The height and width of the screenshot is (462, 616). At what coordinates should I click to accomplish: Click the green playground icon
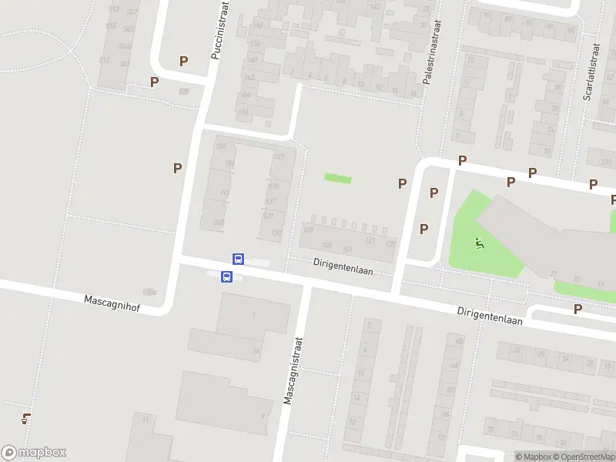coord(479,244)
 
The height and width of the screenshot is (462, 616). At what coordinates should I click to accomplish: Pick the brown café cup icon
coord(27,419)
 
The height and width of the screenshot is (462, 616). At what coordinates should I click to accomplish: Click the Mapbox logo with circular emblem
coord(34,453)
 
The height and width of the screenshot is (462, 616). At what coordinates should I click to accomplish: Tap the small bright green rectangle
coord(337,179)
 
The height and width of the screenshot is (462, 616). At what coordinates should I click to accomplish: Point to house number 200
coord(219,223)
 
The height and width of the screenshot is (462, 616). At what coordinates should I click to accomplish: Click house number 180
coord(221,146)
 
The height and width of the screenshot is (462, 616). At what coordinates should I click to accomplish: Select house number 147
coord(278,158)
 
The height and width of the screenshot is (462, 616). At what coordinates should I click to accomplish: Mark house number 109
coord(310,229)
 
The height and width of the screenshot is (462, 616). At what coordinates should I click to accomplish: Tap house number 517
coord(105,60)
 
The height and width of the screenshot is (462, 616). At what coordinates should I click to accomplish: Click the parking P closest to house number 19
coord(577,309)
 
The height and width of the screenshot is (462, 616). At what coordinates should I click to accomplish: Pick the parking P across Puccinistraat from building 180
coord(178,168)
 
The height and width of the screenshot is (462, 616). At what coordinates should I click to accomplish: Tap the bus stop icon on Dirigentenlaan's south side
coord(226,277)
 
